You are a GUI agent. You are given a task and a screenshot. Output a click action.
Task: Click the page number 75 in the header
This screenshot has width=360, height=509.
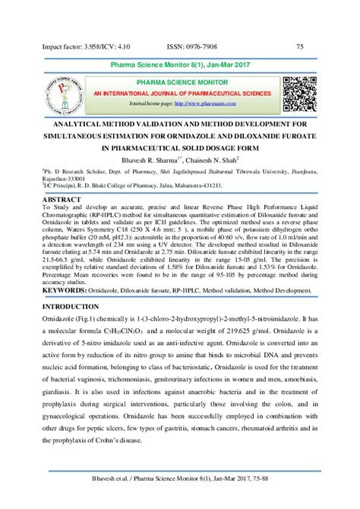[300, 47]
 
